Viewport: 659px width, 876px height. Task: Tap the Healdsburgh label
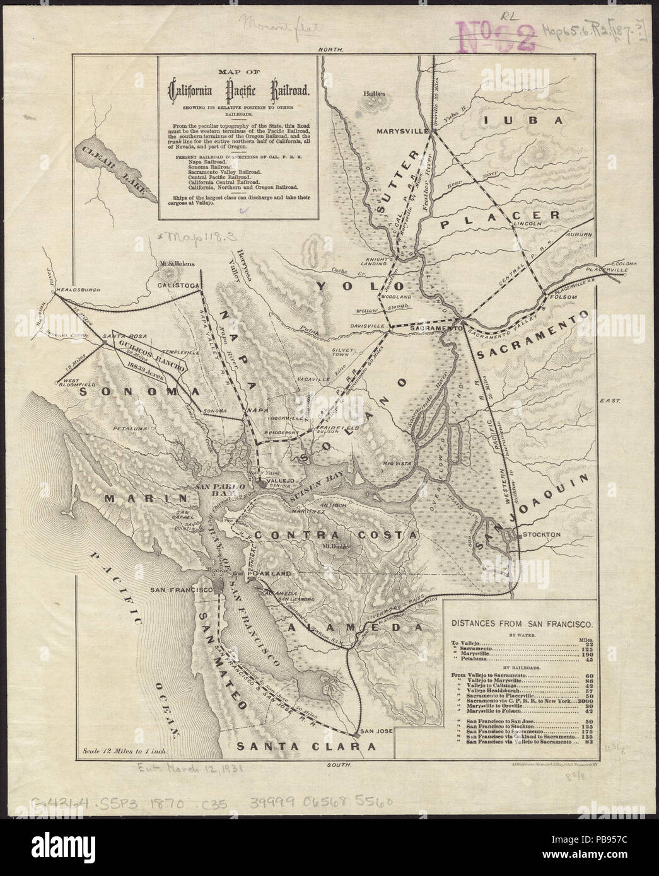79,291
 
